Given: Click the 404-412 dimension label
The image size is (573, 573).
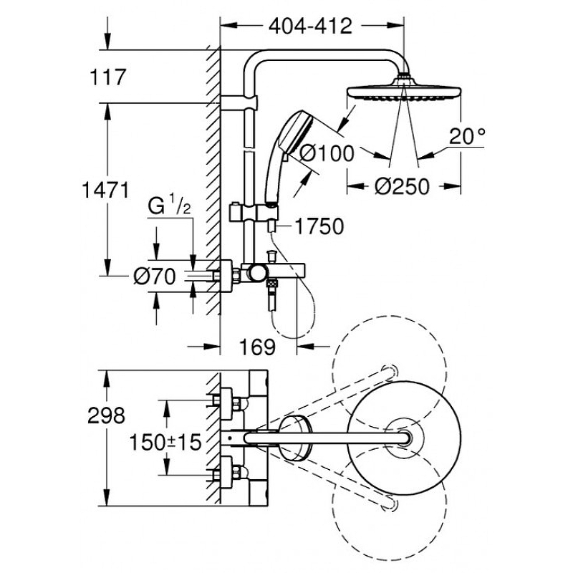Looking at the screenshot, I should (310, 26).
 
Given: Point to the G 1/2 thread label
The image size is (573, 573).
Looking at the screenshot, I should (169, 207).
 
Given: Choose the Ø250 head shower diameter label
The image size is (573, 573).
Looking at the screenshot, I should (401, 187).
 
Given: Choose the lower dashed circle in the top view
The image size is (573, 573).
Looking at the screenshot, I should (390, 505).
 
